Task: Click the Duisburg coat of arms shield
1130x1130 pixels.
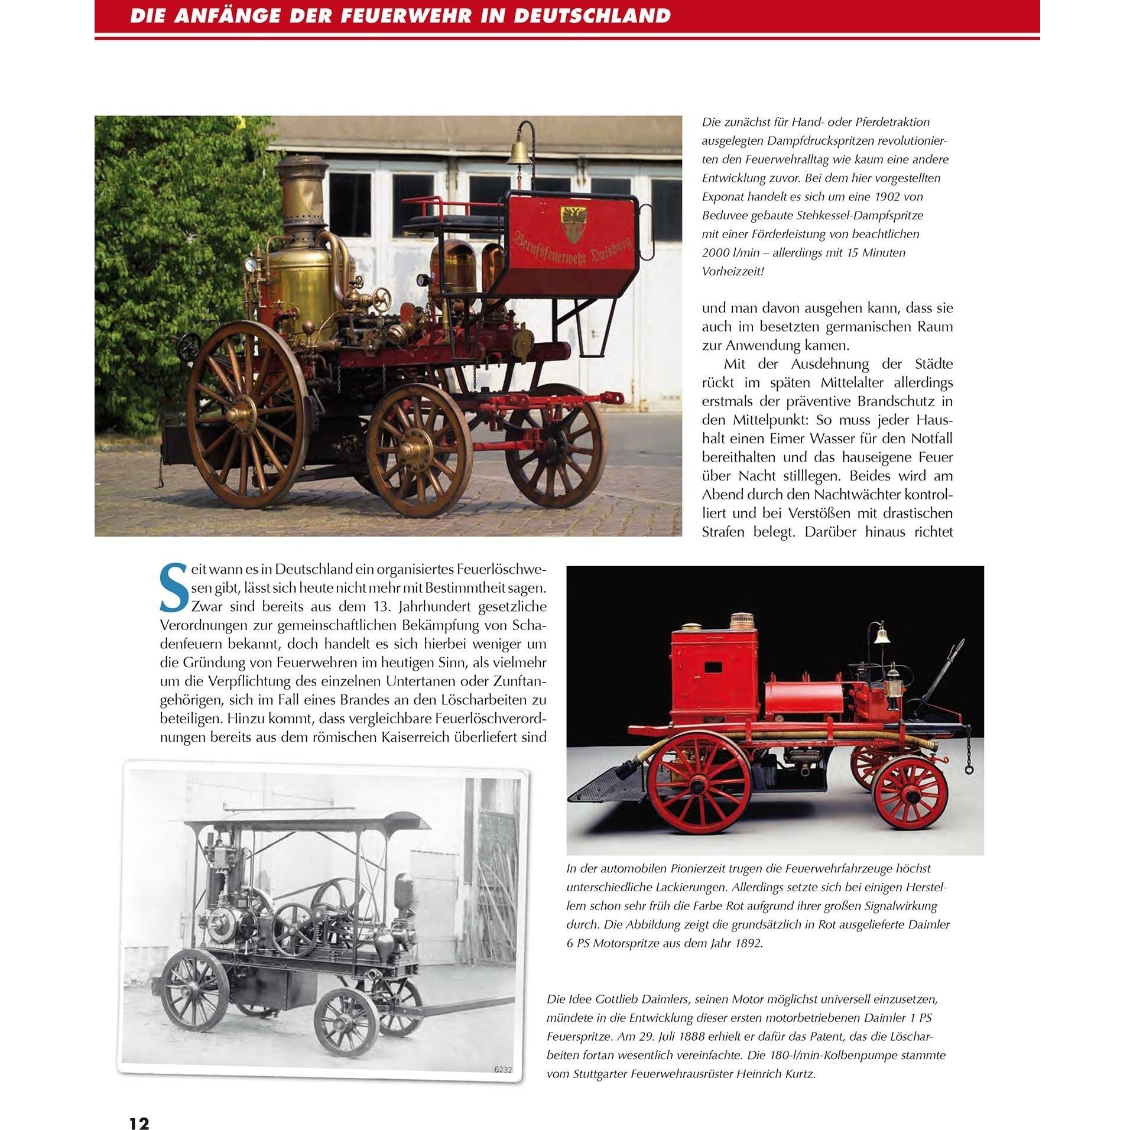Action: click(x=572, y=225)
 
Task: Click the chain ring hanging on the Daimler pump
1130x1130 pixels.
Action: click(x=969, y=769)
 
